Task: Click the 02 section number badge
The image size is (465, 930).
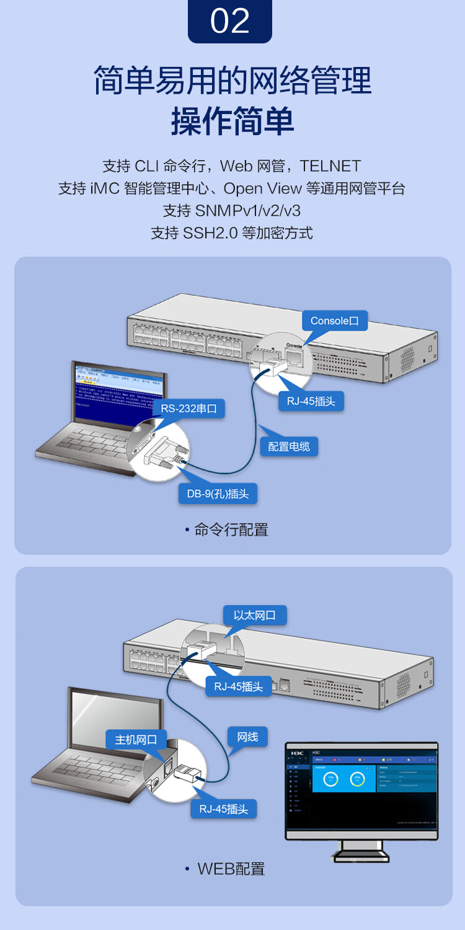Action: pos(230,21)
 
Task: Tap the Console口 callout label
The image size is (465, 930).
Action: pos(335,321)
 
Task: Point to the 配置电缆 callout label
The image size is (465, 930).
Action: pos(289,446)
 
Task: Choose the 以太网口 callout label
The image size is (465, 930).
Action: pos(255,616)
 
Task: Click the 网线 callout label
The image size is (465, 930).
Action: pos(247,737)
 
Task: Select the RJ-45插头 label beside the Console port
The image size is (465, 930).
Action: pos(311,401)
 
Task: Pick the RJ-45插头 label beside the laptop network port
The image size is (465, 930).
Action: pos(224,809)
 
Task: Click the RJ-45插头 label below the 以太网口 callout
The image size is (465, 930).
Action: pos(239,686)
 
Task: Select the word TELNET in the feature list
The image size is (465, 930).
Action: pos(330,166)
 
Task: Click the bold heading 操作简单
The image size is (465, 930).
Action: pos(232,121)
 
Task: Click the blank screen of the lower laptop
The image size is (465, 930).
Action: pos(115,719)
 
